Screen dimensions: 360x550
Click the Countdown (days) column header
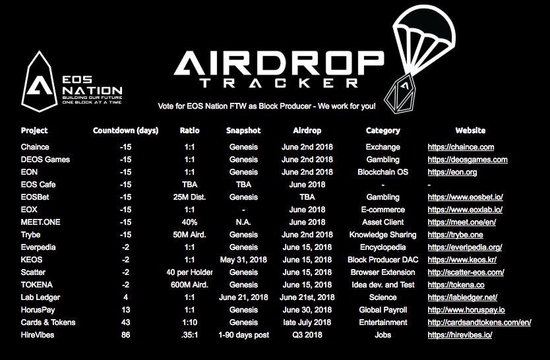pyautogui.click(x=125, y=131)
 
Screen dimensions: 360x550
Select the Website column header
pyautogui.click(x=470, y=131)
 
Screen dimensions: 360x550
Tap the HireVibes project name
pyautogui.click(x=38, y=335)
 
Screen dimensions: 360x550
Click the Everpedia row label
pyautogui.click(x=38, y=247)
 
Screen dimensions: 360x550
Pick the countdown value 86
pyautogui.click(x=125, y=335)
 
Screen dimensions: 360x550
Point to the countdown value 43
pyautogui.click(x=125, y=322)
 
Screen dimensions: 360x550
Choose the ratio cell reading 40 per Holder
pyautogui.click(x=189, y=272)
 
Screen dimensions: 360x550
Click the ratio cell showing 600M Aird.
pyautogui.click(x=189, y=285)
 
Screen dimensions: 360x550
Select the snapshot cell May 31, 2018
pyautogui.click(x=243, y=260)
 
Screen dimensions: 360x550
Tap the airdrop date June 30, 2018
pyautogui.click(x=307, y=310)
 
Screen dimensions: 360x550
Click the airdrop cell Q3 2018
pyautogui.click(x=307, y=335)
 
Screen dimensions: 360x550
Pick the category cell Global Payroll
pyautogui.click(x=382, y=310)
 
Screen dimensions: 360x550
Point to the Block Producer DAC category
pyautogui.click(x=382, y=260)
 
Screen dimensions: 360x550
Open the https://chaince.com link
pyautogui.click(x=461, y=147)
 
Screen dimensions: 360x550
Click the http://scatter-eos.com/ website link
pyautogui.click(x=468, y=272)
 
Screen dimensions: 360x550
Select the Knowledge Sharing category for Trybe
pyautogui.click(x=382, y=235)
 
